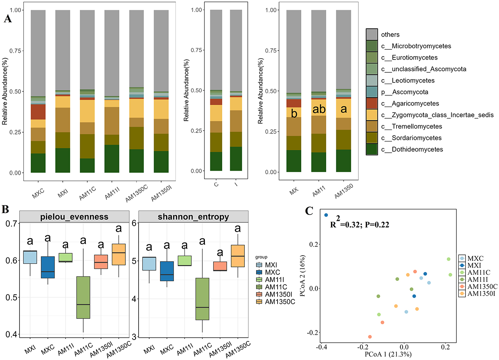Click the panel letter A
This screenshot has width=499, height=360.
pyautogui.click(x=8, y=18)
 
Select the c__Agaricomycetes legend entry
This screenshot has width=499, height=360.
pyautogui.click(x=410, y=103)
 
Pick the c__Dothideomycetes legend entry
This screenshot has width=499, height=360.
pyautogui.click(x=412, y=149)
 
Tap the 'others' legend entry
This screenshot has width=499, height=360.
pyautogui.click(x=390, y=35)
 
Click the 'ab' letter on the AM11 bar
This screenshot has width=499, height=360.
pyautogui.click(x=319, y=109)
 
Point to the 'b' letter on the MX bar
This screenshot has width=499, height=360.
pyautogui.click(x=294, y=113)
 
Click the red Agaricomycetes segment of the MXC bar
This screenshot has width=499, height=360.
pyautogui.click(x=38, y=112)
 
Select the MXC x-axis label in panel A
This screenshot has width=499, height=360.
pyautogui.click(x=38, y=193)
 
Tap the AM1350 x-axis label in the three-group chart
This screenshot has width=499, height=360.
pyautogui.click(x=343, y=191)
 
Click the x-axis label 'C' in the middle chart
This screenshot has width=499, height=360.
pyautogui.click(x=216, y=184)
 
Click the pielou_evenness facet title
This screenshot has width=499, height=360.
pyautogui.click(x=74, y=217)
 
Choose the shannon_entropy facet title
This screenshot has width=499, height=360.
pyautogui.click(x=193, y=217)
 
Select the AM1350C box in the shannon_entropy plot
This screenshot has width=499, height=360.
pyautogui.click(x=238, y=256)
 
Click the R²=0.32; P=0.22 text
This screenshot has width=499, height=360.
pyautogui.click(x=359, y=224)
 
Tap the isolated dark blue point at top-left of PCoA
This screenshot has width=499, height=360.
pyautogui.click(x=326, y=215)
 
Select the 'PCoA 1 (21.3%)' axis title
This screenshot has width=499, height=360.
pyautogui.click(x=388, y=354)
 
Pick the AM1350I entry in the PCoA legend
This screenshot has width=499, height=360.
pyautogui.click(x=481, y=294)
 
